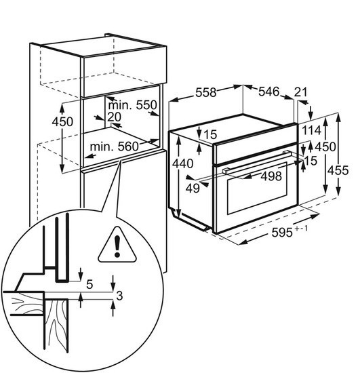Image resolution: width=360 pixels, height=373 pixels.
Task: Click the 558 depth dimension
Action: [x=206, y=92]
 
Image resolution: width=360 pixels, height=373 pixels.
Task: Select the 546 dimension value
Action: [x=268, y=92]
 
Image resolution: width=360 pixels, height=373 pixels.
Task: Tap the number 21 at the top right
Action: [x=301, y=92]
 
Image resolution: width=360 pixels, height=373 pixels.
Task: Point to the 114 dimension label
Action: [x=312, y=130]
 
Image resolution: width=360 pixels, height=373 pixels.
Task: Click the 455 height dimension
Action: [x=338, y=170]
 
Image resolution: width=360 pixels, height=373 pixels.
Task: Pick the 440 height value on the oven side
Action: [x=182, y=163]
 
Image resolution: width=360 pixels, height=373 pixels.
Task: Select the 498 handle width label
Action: [x=271, y=176]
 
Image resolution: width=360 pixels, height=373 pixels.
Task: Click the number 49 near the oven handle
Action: [x=193, y=189]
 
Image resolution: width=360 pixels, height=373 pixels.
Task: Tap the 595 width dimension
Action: [x=282, y=232]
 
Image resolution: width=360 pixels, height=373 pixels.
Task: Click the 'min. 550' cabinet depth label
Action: [x=132, y=105]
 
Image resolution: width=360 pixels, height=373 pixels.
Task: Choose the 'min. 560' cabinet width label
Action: [x=114, y=146]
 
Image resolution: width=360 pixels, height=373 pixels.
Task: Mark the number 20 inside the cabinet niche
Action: [x=114, y=117]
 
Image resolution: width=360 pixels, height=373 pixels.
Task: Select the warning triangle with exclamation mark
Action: [x=117, y=245]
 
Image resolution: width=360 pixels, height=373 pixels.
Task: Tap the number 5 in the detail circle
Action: [x=89, y=284]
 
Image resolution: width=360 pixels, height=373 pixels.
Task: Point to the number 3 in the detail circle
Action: [x=119, y=296]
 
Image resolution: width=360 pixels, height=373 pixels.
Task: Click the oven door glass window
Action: [x=257, y=188]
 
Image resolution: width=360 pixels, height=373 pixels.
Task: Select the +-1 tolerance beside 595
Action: [x=302, y=229]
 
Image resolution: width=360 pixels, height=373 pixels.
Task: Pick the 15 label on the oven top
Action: [x=210, y=135]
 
